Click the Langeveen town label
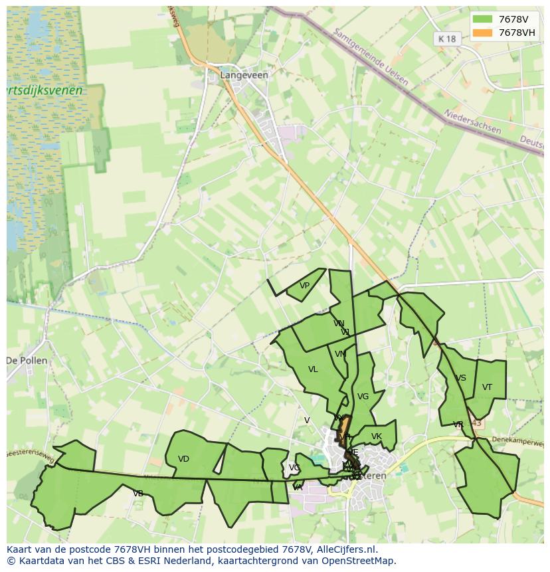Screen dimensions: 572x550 click(244, 75)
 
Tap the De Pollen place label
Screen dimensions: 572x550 click(27, 361)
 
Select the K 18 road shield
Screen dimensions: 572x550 click(448, 39)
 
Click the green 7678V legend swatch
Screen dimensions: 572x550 click(483, 19)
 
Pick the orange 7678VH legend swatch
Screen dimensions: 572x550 click(483, 33)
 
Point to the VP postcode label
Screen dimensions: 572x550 click(304, 286)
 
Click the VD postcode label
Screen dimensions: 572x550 click(184, 459)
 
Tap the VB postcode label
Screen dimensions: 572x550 click(138, 494)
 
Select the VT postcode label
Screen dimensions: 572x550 click(487, 387)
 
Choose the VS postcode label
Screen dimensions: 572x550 click(460, 378)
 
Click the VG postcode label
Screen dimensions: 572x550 click(363, 397)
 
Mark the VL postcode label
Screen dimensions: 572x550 click(313, 369)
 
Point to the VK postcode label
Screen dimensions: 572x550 click(377, 436)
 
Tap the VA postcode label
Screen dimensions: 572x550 click(298, 488)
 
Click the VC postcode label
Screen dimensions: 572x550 click(294, 468)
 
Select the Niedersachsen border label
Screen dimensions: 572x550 click(472, 121)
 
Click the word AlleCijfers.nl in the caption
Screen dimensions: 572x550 click(345, 550)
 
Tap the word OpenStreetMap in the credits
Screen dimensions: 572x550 click(359, 561)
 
